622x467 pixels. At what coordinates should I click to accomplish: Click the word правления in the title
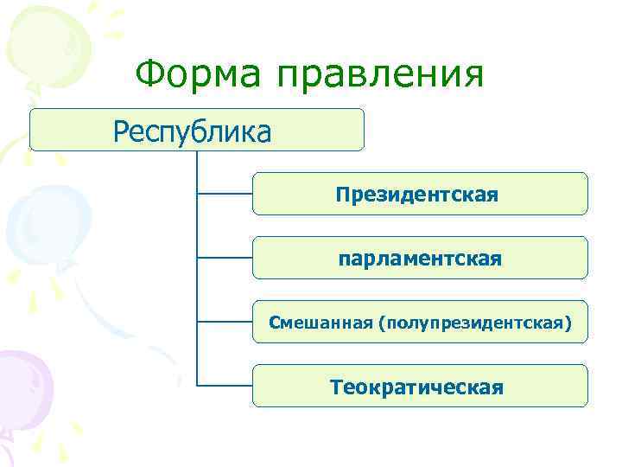click(380, 75)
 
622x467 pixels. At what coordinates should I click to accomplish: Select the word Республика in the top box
click(193, 131)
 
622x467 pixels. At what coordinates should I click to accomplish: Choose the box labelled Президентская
click(419, 194)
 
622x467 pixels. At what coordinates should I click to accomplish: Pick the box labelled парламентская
click(419, 258)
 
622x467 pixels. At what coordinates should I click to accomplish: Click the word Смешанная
click(321, 323)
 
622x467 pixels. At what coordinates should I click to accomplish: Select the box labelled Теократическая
click(419, 386)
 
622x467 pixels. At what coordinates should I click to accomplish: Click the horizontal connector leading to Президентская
click(225, 194)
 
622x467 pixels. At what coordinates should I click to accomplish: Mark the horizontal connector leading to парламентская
click(225, 258)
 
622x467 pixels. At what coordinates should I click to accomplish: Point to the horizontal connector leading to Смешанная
click(225, 322)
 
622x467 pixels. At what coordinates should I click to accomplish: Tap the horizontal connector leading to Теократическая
click(225, 386)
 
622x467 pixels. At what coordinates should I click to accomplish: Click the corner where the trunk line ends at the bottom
click(198, 386)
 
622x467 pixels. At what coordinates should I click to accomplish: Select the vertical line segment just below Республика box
click(198, 164)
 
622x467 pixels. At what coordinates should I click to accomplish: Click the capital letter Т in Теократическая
click(336, 386)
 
